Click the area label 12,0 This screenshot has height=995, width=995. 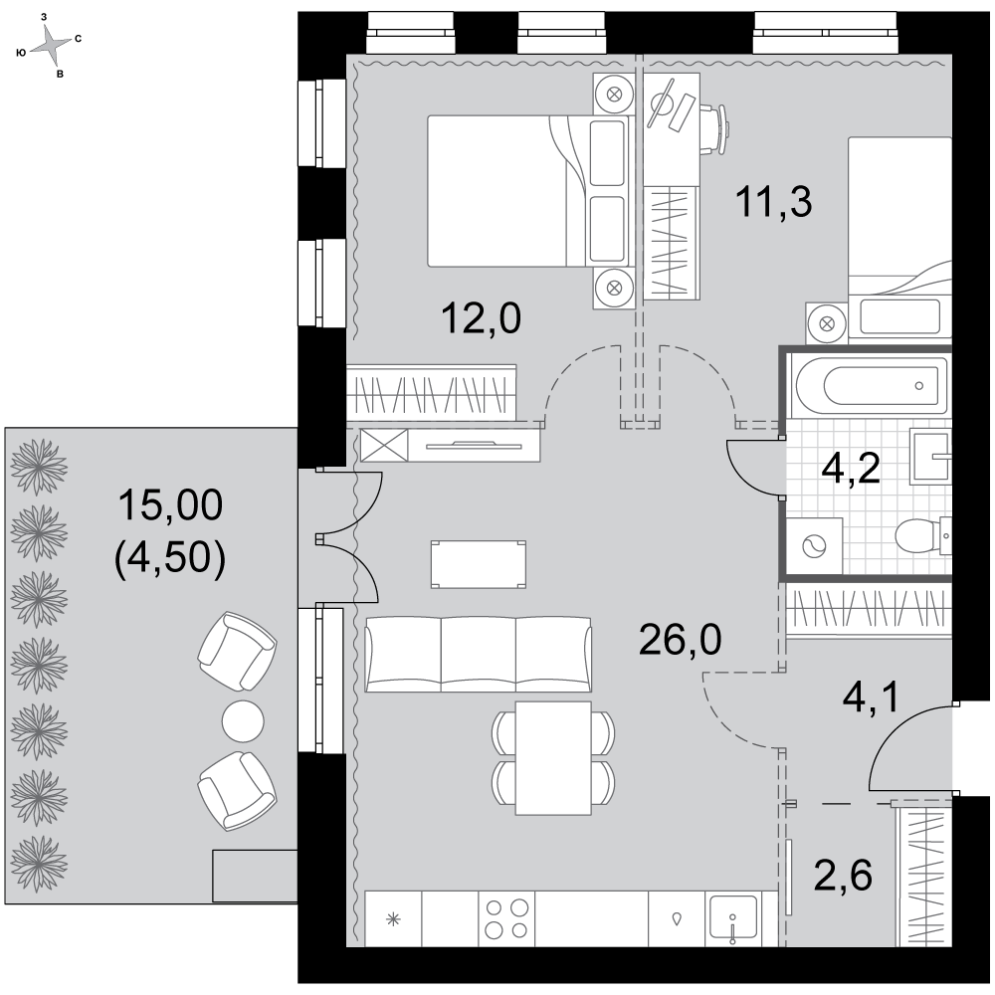coord(481,318)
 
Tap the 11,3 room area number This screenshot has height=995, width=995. coord(773,202)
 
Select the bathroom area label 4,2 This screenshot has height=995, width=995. coord(851,469)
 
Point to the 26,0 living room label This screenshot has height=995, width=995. coord(680,639)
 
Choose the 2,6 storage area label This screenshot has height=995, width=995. coord(844,875)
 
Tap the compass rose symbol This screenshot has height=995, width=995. coord(50,45)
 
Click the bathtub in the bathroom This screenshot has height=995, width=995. coord(867,385)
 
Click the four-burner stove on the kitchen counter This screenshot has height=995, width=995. coord(506,918)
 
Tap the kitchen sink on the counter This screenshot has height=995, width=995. coord(733,918)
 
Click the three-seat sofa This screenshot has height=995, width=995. coord(479,655)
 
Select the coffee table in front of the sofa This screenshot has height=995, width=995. coord(479,564)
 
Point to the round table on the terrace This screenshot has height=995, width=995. coord(243,720)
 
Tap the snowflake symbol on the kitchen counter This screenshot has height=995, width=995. coord(393,918)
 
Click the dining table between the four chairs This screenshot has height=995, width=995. coord(553,757)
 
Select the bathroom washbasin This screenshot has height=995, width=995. coord(931,456)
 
